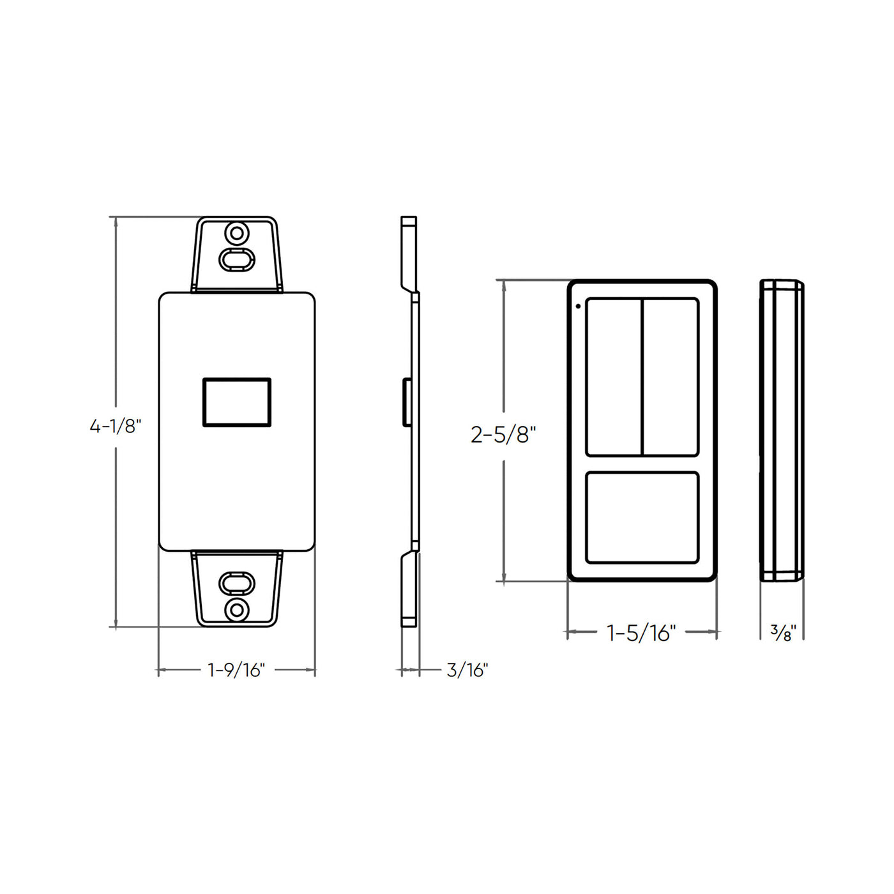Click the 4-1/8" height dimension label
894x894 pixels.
point(115,426)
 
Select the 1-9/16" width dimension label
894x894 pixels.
point(236,670)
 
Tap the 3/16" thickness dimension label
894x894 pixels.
point(467,670)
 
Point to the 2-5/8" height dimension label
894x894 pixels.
point(503,435)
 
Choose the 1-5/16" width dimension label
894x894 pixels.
point(640,633)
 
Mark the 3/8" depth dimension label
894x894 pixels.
point(783,633)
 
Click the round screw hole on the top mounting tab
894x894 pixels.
point(237,233)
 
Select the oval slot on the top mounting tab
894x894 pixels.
point(237,259)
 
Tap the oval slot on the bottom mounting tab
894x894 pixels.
point(237,583)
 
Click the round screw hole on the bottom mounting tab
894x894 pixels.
point(237,610)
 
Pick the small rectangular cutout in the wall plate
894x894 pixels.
point(237,402)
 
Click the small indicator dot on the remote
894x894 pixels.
point(579,306)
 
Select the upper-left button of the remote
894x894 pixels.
point(614,377)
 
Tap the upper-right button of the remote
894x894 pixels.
point(670,377)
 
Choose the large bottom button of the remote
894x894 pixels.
point(642,517)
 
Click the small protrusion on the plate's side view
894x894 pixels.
point(405,402)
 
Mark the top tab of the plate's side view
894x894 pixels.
point(409,252)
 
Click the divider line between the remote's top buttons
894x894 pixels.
point(642,377)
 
